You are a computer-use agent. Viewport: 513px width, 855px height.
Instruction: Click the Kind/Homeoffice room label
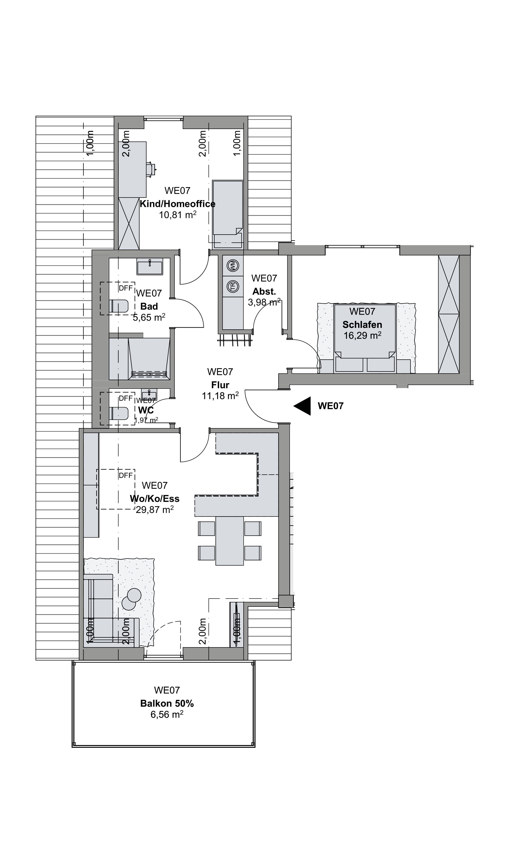tap(177, 204)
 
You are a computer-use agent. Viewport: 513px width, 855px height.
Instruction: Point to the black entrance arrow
tap(302, 406)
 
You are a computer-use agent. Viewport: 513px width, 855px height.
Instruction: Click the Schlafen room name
tap(362, 325)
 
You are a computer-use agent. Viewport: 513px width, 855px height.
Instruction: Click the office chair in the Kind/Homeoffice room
tap(151, 169)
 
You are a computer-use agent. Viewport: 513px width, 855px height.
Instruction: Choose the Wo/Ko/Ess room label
tap(155, 498)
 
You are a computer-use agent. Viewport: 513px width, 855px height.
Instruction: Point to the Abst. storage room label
tap(264, 291)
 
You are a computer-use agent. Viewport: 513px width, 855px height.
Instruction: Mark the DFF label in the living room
tap(126, 476)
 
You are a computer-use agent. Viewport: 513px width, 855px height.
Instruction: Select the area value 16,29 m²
tap(362, 335)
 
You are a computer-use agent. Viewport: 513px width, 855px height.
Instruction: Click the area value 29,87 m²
tap(155, 509)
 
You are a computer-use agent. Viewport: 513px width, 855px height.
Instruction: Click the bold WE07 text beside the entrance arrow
tap(331, 406)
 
